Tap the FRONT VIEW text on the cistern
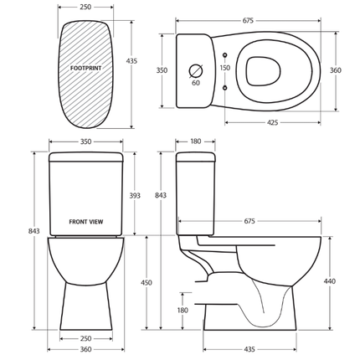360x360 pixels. click(x=86, y=224)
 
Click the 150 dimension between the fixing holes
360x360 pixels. click(x=224, y=68)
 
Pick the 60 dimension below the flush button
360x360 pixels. click(x=196, y=84)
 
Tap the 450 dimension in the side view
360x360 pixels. click(x=147, y=283)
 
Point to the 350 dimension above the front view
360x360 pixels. click(x=85, y=142)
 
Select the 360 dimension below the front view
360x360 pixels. click(x=85, y=349)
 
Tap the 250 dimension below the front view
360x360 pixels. click(x=85, y=338)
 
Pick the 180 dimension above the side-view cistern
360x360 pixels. click(x=195, y=142)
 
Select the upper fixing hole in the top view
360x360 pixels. click(x=224, y=54)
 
